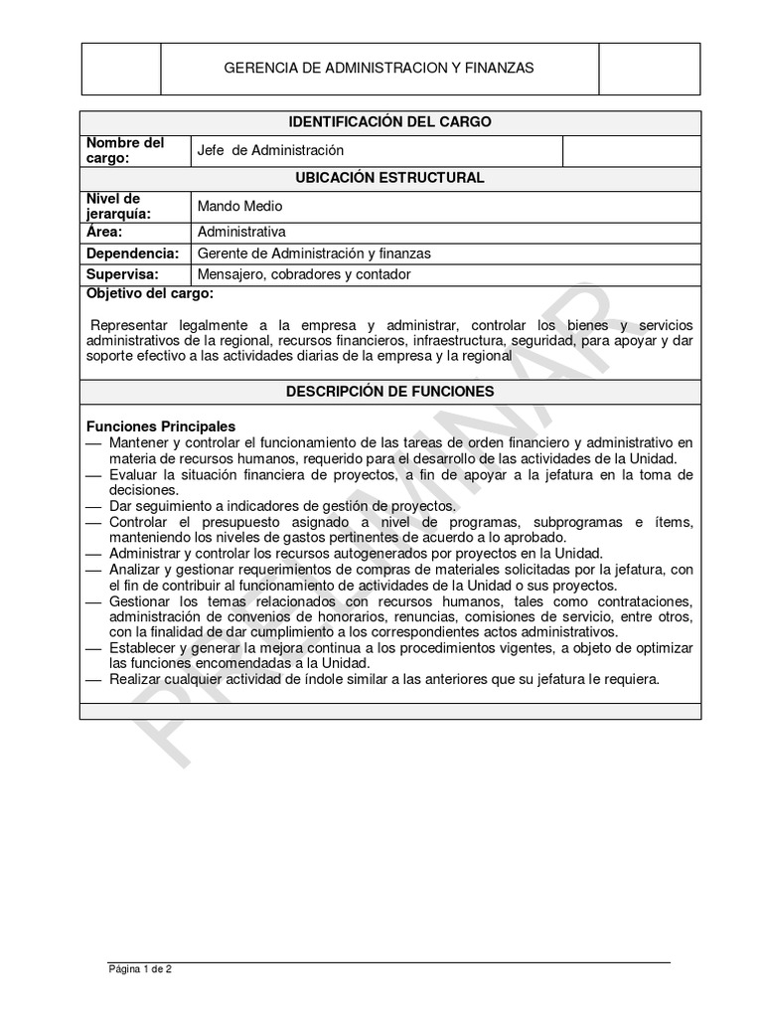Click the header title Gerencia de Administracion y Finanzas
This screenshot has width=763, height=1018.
point(379,68)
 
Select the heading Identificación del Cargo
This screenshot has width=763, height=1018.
point(389,122)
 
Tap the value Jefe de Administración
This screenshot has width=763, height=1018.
point(270,150)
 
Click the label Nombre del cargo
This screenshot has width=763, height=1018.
point(125,150)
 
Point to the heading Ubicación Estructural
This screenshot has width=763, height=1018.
point(389,178)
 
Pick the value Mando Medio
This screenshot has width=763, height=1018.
point(240,206)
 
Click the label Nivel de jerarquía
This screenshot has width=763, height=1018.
point(119,206)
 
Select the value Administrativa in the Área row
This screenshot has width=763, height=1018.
point(241,232)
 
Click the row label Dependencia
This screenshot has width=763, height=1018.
point(132,254)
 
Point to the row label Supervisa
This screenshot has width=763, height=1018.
point(123,274)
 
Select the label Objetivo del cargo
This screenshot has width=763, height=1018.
point(149,295)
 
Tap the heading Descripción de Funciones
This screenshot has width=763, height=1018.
point(389,392)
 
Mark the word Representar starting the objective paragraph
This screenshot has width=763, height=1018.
point(129,325)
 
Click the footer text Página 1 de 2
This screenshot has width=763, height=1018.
point(140,968)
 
